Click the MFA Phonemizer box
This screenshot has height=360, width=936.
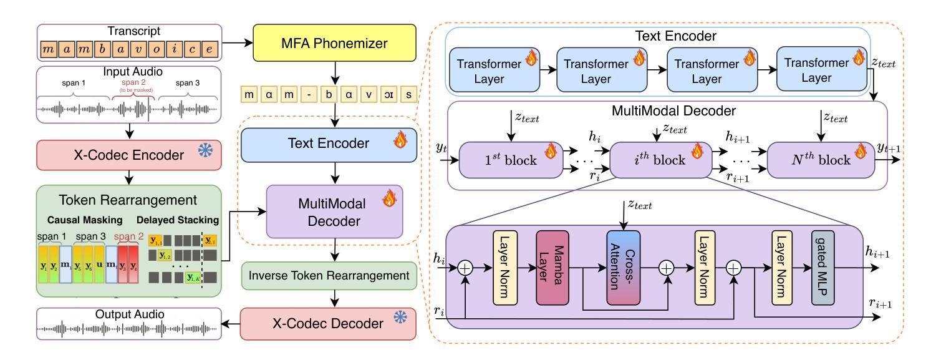(334, 42)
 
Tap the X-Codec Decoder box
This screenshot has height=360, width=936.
(327, 324)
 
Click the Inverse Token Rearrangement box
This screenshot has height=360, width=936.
(327, 275)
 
